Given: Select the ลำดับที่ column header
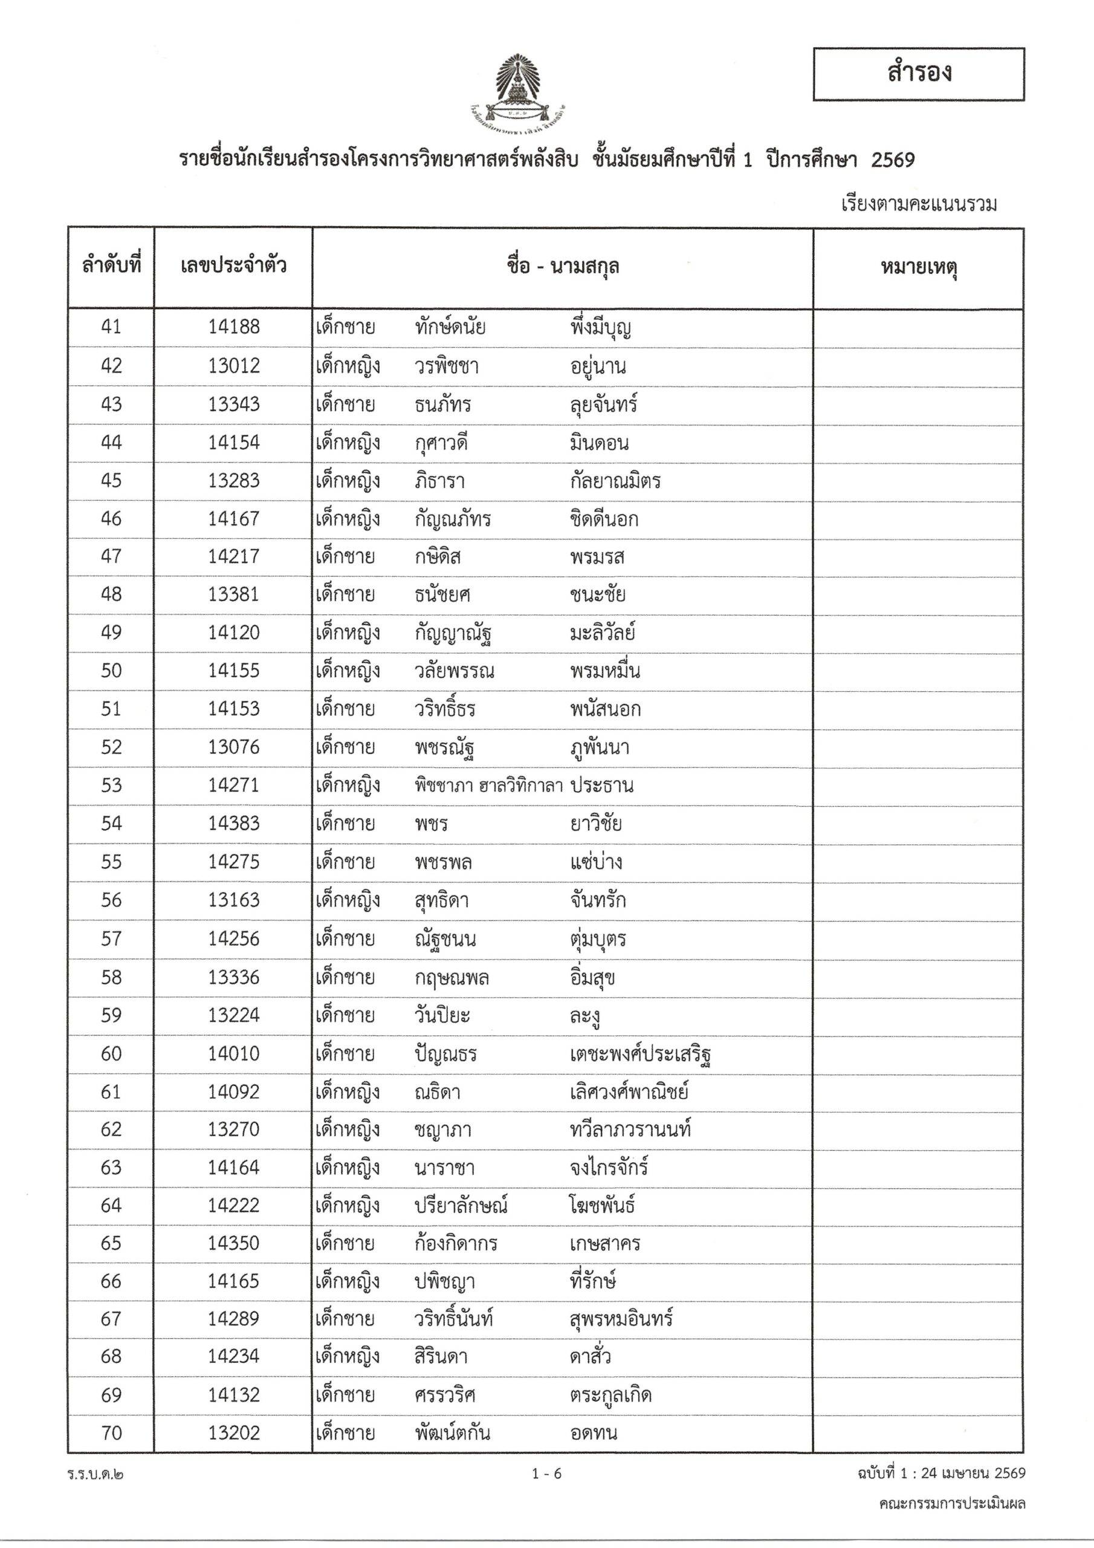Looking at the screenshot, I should click(x=111, y=266).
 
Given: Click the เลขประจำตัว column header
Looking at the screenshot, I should click(x=233, y=266).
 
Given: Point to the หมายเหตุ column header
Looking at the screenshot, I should click(x=918, y=268).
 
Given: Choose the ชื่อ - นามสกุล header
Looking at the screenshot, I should click(x=562, y=268).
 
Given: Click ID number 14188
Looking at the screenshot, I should click(x=233, y=327).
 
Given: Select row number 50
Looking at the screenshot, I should click(x=111, y=671).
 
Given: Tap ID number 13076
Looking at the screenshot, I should click(x=233, y=747).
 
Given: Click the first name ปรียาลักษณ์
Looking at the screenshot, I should click(x=461, y=1206).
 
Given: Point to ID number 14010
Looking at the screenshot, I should click(x=233, y=1054).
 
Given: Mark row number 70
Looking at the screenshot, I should click(x=111, y=1433).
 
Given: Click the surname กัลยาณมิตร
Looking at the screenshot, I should click(x=615, y=481).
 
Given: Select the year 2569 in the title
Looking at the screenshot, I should click(x=893, y=160).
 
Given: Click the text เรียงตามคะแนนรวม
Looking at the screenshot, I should click(x=919, y=204).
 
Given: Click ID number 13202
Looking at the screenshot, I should click(x=233, y=1433).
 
